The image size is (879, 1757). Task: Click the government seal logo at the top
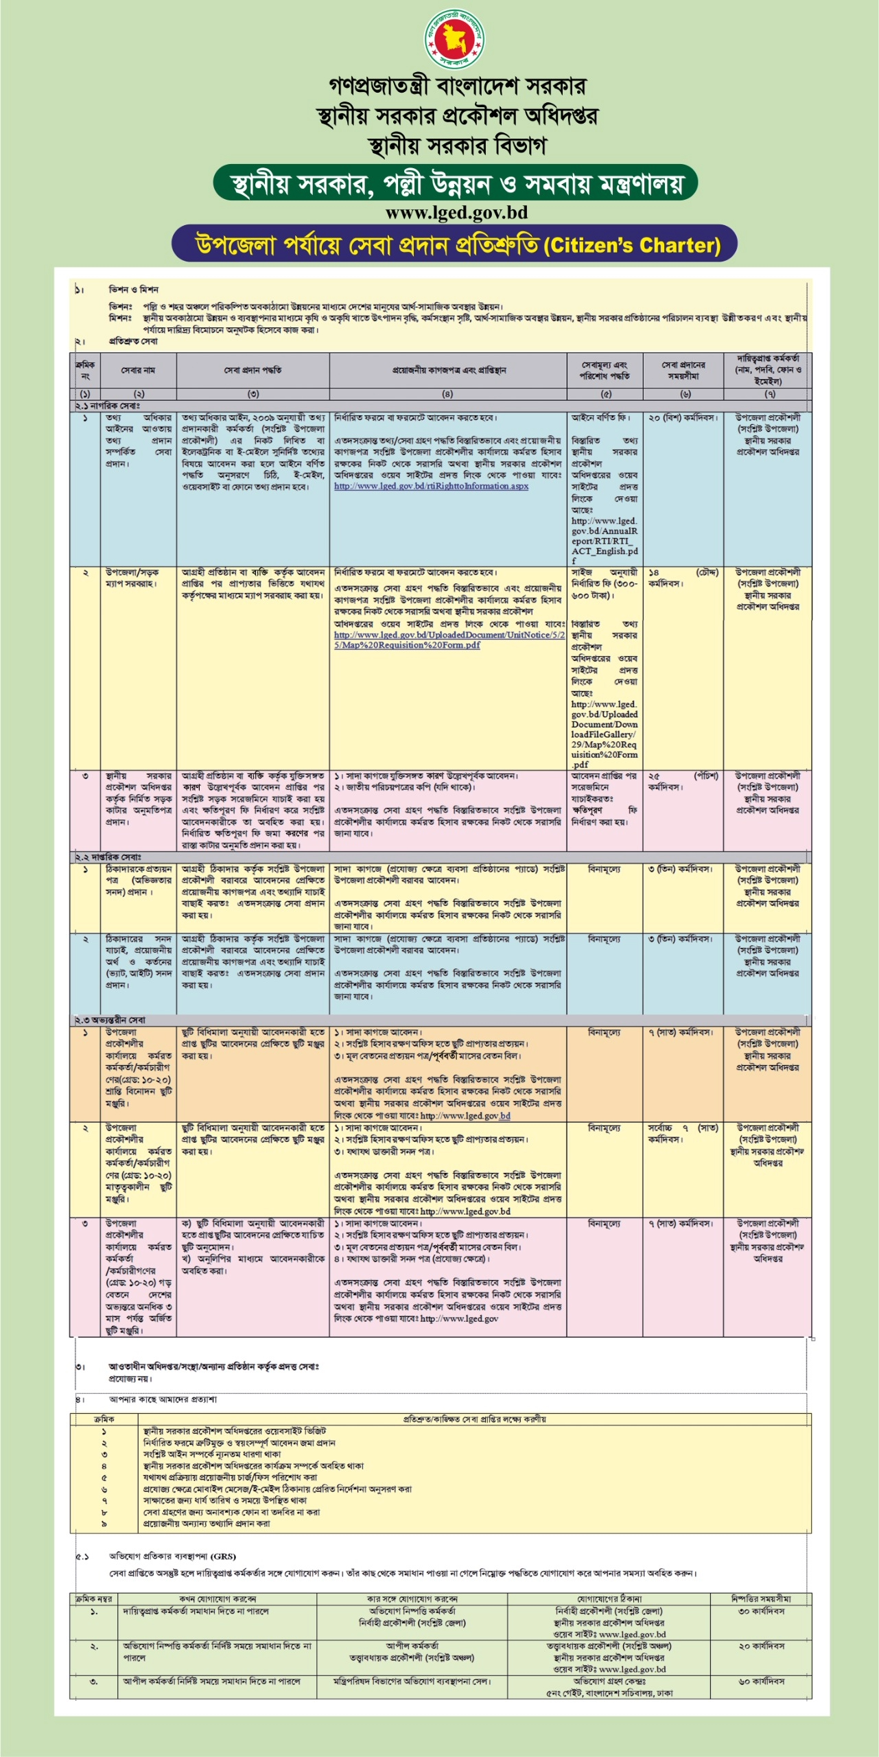[455, 39]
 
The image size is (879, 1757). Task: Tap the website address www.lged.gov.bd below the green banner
[456, 213]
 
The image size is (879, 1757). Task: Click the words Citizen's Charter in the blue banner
[631, 246]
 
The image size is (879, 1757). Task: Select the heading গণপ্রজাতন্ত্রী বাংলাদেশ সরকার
[457, 86]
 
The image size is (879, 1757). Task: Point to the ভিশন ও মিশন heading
[133, 289]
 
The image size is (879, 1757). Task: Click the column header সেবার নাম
[138, 370]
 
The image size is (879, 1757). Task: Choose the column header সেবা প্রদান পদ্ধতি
[253, 370]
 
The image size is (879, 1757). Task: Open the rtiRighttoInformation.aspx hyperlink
[431, 487]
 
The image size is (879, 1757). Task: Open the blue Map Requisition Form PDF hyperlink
[449, 640]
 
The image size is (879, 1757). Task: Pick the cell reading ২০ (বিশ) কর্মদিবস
[683, 418]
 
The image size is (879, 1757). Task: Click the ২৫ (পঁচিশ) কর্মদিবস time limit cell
[683, 782]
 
